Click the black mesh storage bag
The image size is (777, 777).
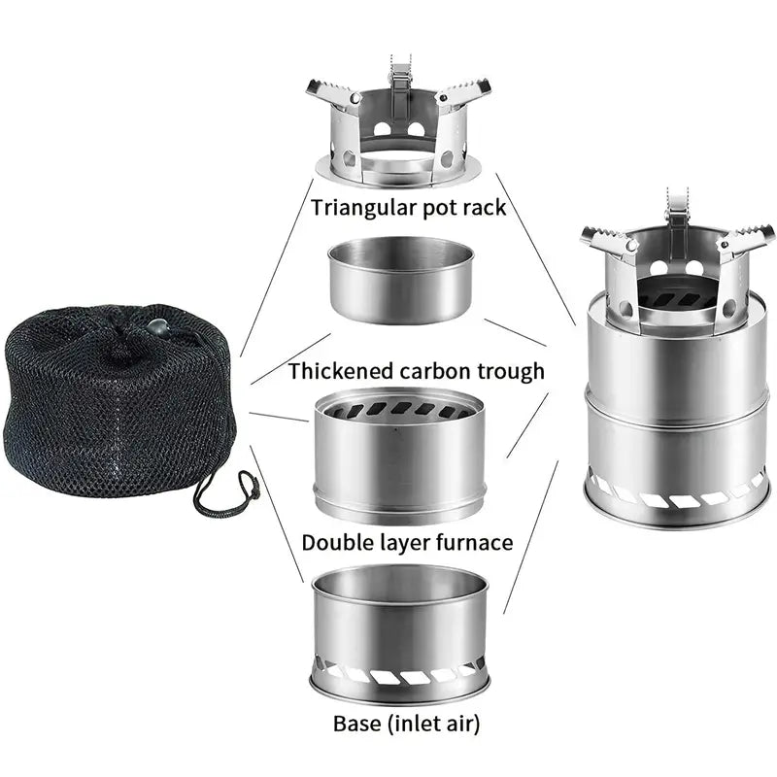pos(117,408)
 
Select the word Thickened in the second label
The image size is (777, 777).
pos(341,371)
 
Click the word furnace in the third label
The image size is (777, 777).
pos(473,542)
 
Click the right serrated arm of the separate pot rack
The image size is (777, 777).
pos(466,94)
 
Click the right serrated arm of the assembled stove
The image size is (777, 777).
pos(746,239)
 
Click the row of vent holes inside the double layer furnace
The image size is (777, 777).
pos(399,409)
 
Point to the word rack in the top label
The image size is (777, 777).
pos(482,207)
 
